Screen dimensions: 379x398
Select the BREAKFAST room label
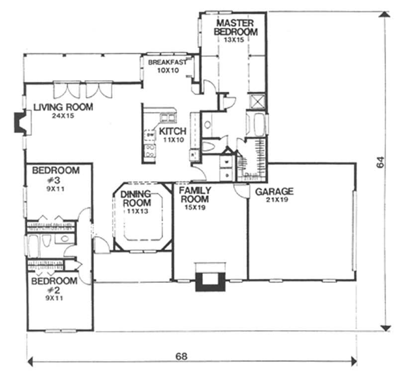click(x=167, y=62)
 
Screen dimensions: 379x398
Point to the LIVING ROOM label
click(x=63, y=107)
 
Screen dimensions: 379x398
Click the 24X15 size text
click(x=63, y=116)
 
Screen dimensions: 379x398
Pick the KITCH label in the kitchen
click(x=172, y=131)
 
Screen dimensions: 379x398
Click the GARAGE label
click(x=274, y=191)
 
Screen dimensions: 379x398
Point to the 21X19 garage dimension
click(x=274, y=200)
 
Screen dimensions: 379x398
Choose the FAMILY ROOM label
click(x=195, y=195)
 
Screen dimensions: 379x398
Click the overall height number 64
click(x=380, y=162)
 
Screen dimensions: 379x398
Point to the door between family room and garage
click(x=240, y=190)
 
